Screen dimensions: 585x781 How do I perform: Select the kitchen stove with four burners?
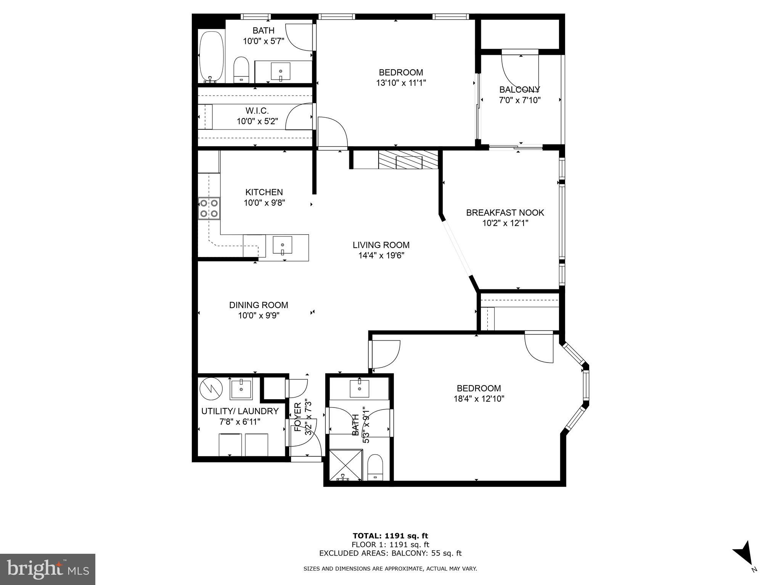(x=209, y=208)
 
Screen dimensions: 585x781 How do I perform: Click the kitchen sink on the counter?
(x=282, y=245)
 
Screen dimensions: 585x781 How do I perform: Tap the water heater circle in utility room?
(x=211, y=388)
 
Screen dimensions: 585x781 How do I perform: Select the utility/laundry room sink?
(x=241, y=389)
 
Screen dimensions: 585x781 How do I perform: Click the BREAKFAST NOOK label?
(x=505, y=213)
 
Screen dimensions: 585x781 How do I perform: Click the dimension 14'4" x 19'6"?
(x=381, y=256)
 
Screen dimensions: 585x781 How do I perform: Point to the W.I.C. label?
(x=257, y=111)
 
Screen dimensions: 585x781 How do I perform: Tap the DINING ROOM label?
(x=259, y=305)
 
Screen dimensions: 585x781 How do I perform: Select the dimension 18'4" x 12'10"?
(x=479, y=399)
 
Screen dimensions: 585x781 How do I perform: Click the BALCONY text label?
(x=519, y=90)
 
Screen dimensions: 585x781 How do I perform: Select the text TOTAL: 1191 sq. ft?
(x=390, y=536)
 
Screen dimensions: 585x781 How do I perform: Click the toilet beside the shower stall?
(x=375, y=467)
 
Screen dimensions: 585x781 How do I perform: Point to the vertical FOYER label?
(x=298, y=417)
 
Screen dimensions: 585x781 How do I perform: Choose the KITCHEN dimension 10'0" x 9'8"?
(x=264, y=203)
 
